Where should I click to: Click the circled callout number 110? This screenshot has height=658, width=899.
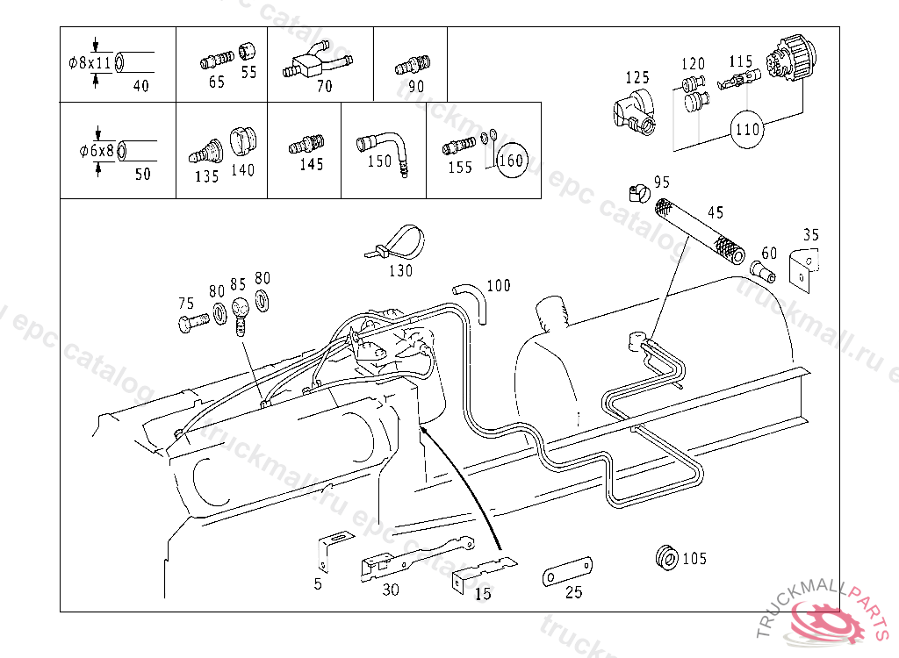pos(746,130)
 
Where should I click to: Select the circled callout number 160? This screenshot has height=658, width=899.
pos(510,161)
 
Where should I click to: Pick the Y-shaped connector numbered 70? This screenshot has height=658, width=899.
pos(314,63)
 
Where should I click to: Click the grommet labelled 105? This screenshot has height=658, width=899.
pos(667,556)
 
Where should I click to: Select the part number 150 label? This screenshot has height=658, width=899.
pos(379,161)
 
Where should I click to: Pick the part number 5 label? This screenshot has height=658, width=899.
pos(318,583)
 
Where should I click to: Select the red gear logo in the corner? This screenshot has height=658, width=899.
pos(825,622)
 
